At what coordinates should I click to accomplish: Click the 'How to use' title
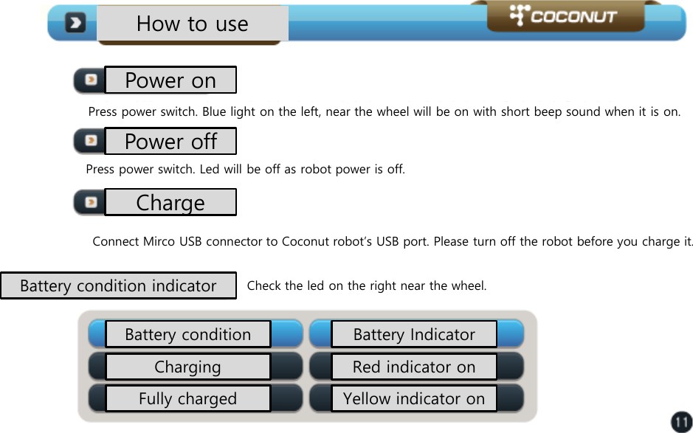[192, 24]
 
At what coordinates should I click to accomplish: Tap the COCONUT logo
[565, 15]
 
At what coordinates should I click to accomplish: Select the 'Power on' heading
[170, 80]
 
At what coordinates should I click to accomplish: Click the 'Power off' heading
[170, 141]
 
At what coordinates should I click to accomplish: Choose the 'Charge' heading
[170, 202]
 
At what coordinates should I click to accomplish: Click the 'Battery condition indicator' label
[118, 285]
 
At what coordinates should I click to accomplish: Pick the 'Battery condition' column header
[187, 334]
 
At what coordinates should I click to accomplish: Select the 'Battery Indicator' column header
[414, 334]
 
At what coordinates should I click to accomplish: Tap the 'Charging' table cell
[187, 367]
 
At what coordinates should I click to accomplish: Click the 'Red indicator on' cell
[414, 367]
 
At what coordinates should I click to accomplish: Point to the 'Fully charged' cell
[187, 399]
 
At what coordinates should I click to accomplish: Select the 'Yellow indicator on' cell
[414, 399]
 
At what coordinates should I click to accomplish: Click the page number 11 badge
[680, 422]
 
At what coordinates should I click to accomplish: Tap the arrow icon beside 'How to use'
[75, 24]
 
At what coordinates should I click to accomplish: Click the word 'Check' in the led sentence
[262, 285]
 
